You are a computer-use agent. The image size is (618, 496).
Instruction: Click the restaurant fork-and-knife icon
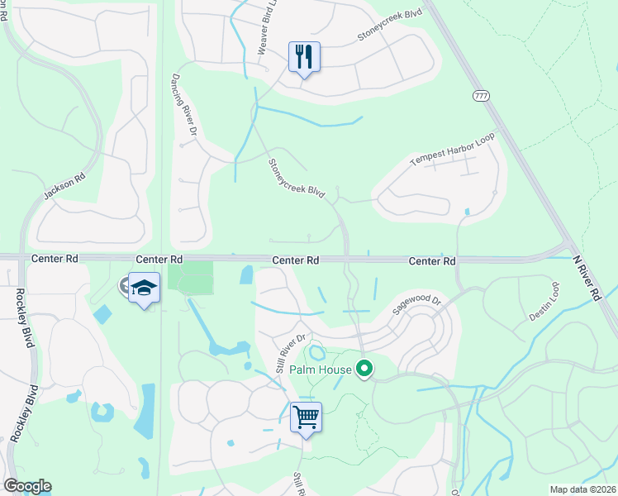pyautogui.click(x=304, y=57)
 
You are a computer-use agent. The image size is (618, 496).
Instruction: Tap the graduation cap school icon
pyautogui.click(x=145, y=289)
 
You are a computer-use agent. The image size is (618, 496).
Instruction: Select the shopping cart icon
pyautogui.click(x=306, y=417)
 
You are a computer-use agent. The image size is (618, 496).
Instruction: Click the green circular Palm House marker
pyautogui.click(x=364, y=370)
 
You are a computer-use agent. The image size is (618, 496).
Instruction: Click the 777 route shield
pyautogui.click(x=481, y=96)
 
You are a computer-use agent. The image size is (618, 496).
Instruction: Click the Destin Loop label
pyautogui.click(x=544, y=302)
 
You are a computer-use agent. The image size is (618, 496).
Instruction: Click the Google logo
pyautogui.click(x=27, y=486)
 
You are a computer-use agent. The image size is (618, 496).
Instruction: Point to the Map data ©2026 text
pyautogui.click(x=582, y=489)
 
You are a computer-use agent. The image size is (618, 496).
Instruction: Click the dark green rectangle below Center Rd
pyautogui.click(x=191, y=276)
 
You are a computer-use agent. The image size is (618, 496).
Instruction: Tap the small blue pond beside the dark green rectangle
pyautogui.click(x=246, y=275)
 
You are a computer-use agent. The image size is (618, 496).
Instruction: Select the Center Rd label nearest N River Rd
pyautogui.click(x=432, y=260)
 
